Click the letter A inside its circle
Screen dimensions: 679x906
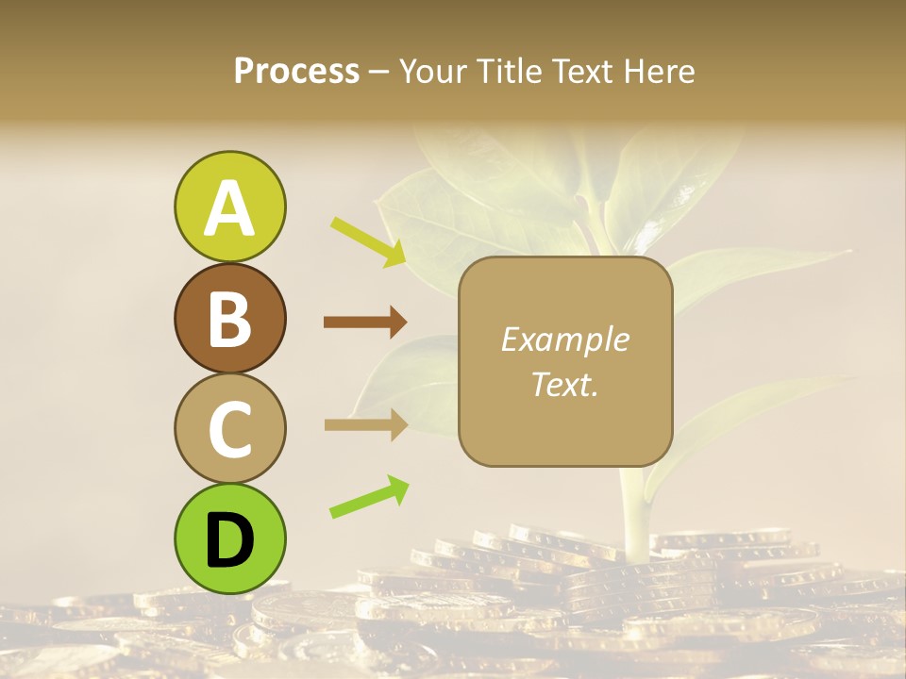pyautogui.click(x=229, y=208)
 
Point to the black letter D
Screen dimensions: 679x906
pyautogui.click(x=229, y=540)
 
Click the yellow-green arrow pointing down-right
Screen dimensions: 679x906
pyautogui.click(x=368, y=240)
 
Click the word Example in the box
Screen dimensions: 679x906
pyautogui.click(x=564, y=339)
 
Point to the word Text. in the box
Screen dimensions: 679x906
pyautogui.click(x=564, y=384)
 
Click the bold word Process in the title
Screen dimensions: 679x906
pyautogui.click(x=296, y=71)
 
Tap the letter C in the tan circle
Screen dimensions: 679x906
pyautogui.click(x=229, y=429)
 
